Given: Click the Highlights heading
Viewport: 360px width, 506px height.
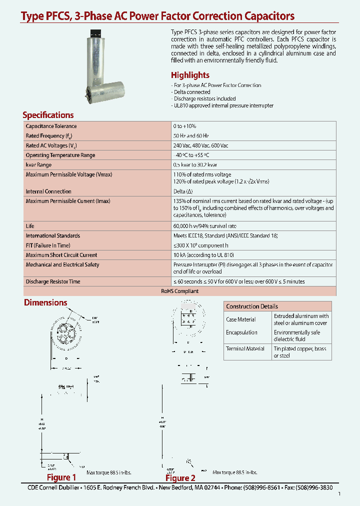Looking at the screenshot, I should [190, 75].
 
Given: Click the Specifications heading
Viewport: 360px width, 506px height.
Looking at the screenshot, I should [48, 114].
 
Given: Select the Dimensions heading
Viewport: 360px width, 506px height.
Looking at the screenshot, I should [45, 302].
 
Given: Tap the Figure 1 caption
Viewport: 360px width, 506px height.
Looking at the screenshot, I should [61, 477].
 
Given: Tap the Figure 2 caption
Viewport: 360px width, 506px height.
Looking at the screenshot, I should [180, 477].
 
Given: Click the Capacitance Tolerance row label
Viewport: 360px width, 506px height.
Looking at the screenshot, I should [51, 126].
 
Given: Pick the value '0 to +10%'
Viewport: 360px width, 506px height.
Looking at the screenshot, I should [185, 126].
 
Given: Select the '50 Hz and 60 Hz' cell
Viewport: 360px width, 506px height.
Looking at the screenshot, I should [191, 136].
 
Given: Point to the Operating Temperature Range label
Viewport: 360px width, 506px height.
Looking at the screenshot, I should [60, 155].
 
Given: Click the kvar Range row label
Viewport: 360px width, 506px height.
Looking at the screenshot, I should [38, 164].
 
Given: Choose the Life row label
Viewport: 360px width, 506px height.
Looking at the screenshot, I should [30, 226].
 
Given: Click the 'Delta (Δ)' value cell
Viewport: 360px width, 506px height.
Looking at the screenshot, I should [183, 191].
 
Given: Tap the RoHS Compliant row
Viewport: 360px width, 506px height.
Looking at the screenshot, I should [180, 291].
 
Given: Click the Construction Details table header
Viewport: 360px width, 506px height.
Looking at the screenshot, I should [252, 306].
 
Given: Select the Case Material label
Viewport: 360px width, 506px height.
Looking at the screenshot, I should [241, 319].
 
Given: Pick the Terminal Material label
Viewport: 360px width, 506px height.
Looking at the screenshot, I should [245, 348].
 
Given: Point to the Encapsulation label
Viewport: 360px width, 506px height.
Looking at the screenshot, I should [241, 332].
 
